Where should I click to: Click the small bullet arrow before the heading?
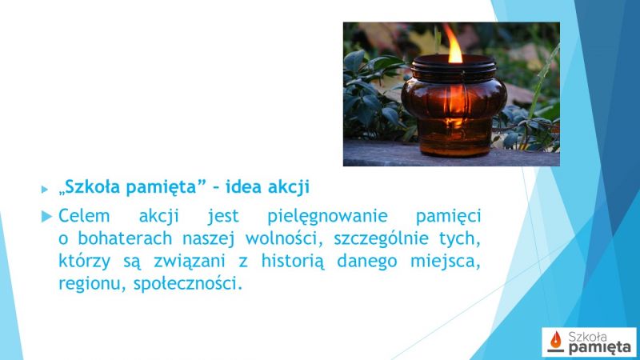[45, 190]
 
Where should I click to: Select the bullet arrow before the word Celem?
[47, 216]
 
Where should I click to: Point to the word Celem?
[84, 216]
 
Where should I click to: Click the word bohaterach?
[125, 238]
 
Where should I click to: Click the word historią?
[293, 262]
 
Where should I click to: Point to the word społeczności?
[188, 284]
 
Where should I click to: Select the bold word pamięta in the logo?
[599, 348]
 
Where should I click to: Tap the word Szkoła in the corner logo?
[587, 337]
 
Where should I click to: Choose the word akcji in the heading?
[289, 188]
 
